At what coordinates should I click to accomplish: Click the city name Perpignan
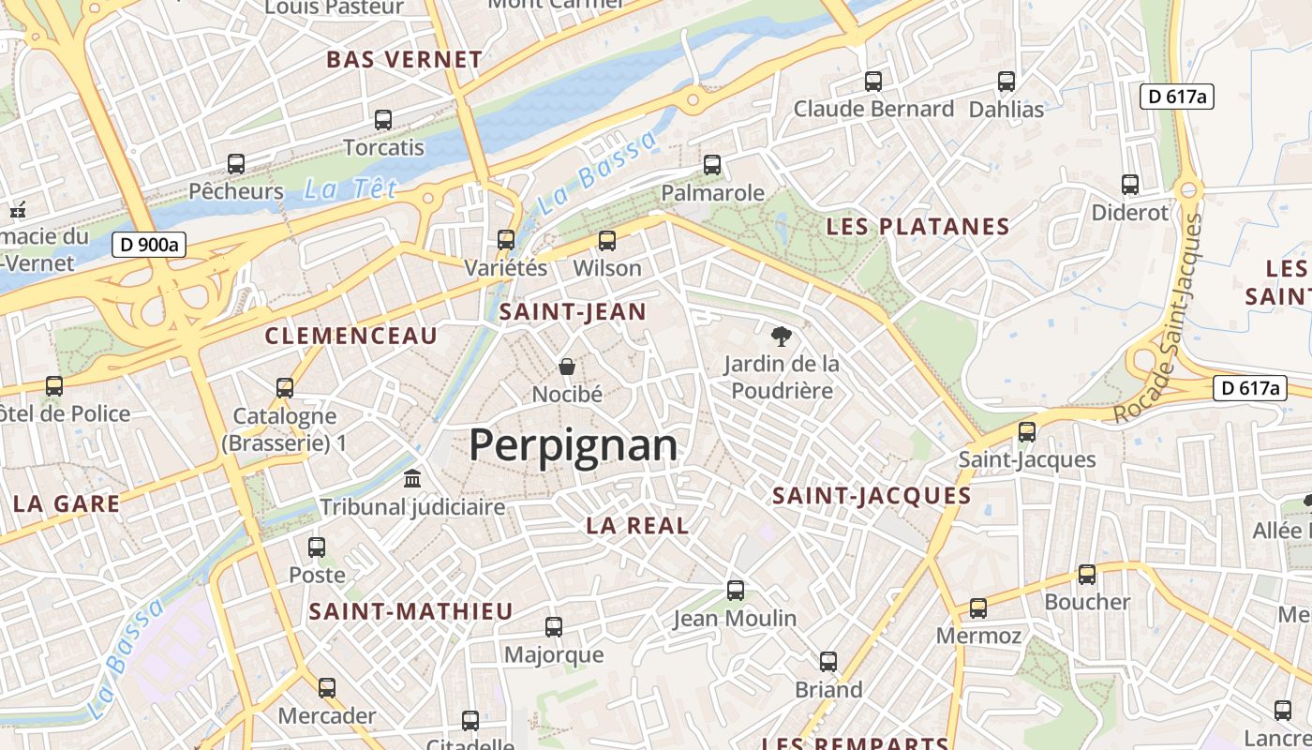pyautogui.click(x=573, y=445)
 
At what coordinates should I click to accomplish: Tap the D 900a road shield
pyautogui.click(x=149, y=246)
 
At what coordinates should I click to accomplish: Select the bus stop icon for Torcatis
pyautogui.click(x=383, y=120)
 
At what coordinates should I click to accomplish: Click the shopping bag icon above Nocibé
pyautogui.click(x=566, y=366)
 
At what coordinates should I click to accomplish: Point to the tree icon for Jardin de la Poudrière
pyautogui.click(x=781, y=336)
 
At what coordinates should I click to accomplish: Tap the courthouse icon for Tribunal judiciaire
pyautogui.click(x=411, y=479)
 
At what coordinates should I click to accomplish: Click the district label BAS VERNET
pyautogui.click(x=404, y=60)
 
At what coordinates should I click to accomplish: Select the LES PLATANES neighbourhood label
pyautogui.click(x=917, y=227)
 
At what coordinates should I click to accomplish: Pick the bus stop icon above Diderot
pyautogui.click(x=1130, y=185)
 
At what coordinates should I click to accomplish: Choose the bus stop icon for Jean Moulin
pyautogui.click(x=736, y=591)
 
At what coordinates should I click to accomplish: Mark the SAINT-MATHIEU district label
pyautogui.click(x=411, y=612)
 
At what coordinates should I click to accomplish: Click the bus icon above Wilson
pyautogui.click(x=607, y=241)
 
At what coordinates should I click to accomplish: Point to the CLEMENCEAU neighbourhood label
pyautogui.click(x=351, y=336)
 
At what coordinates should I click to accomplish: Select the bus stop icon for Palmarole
pyautogui.click(x=712, y=165)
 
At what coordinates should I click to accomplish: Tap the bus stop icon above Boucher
pyautogui.click(x=1087, y=575)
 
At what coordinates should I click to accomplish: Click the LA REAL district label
pyautogui.click(x=637, y=526)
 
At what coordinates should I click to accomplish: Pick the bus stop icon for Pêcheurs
pyautogui.click(x=236, y=164)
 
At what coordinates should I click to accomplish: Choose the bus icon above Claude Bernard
pyautogui.click(x=873, y=82)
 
